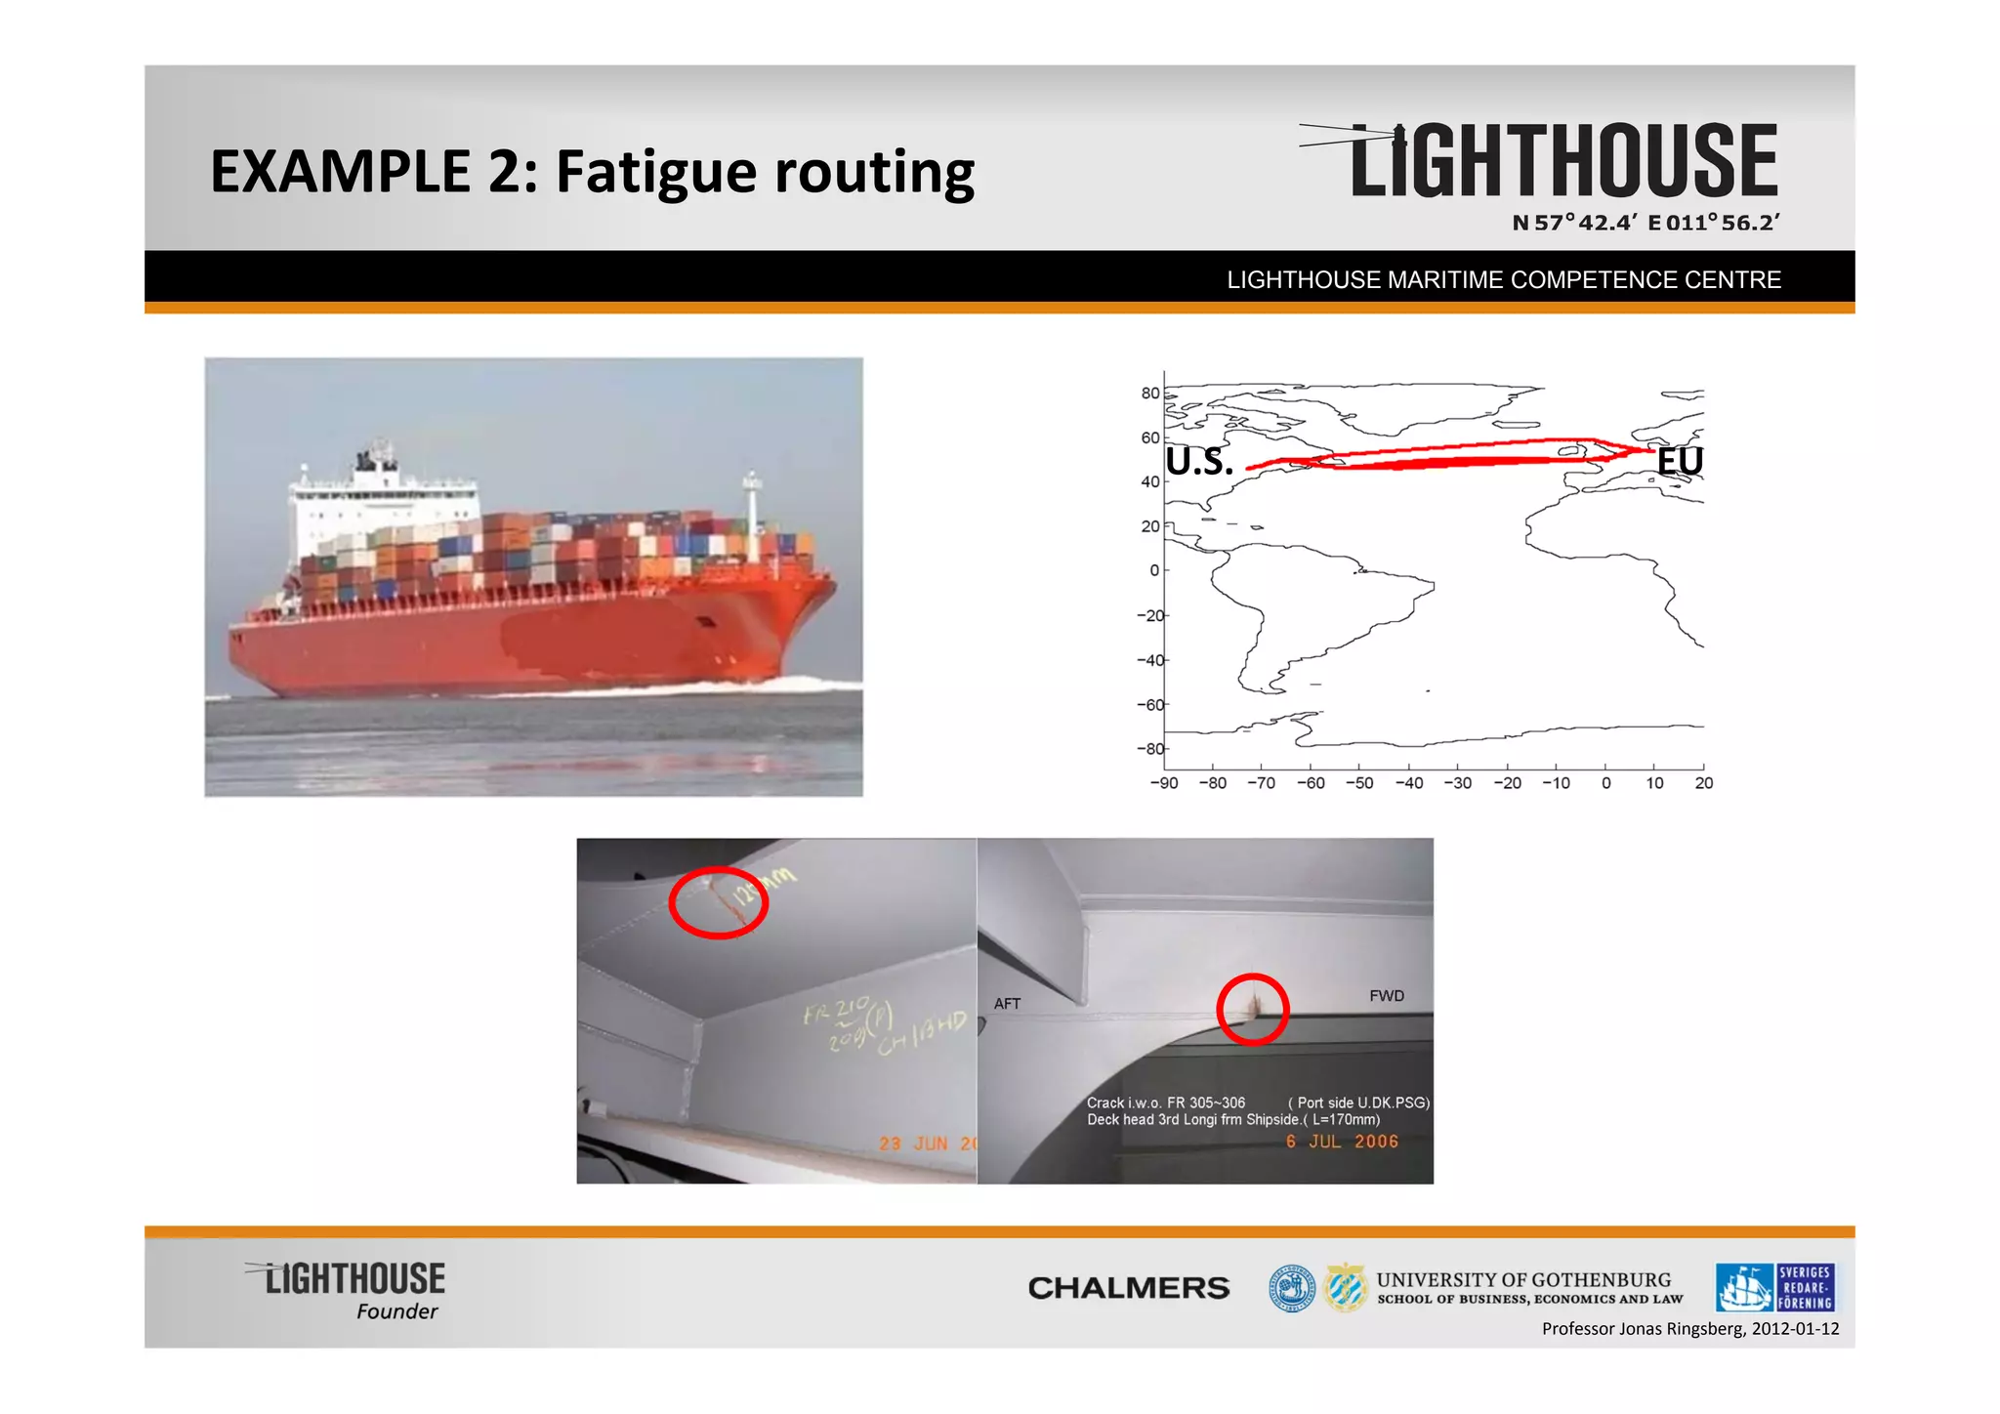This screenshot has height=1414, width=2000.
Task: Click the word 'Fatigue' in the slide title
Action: pyautogui.click(x=655, y=172)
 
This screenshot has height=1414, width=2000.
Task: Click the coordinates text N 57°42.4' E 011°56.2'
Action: pyautogui.click(x=1646, y=223)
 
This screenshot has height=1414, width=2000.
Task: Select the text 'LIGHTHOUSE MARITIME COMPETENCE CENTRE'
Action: pyautogui.click(x=1503, y=280)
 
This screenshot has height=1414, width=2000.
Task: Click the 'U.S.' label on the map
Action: pyautogui.click(x=1199, y=462)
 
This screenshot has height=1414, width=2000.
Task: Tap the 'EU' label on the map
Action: pyautogui.click(x=1680, y=461)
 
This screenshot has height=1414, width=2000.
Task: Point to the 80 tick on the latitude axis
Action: pyautogui.click(x=1150, y=393)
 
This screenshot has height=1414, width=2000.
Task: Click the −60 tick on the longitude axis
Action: pyautogui.click(x=1311, y=783)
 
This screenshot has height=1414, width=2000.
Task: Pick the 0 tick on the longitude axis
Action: pyautogui.click(x=1605, y=783)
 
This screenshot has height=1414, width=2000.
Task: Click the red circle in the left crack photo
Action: pyautogui.click(x=719, y=902)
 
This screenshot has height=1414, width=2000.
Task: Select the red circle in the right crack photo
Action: pyautogui.click(x=1253, y=1010)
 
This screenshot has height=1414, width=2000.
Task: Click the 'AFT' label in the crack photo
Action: pyautogui.click(x=1007, y=1004)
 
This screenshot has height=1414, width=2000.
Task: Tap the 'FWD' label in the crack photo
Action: pyautogui.click(x=1386, y=996)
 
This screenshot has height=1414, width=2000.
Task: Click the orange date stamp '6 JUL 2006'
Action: pyautogui.click(x=1342, y=1142)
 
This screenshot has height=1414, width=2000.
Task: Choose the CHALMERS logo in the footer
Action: pyautogui.click(x=1128, y=1288)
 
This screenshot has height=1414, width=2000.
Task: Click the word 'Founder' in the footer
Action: pyautogui.click(x=396, y=1311)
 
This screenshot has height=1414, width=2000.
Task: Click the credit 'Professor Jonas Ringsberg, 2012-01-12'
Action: pyautogui.click(x=1689, y=1329)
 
